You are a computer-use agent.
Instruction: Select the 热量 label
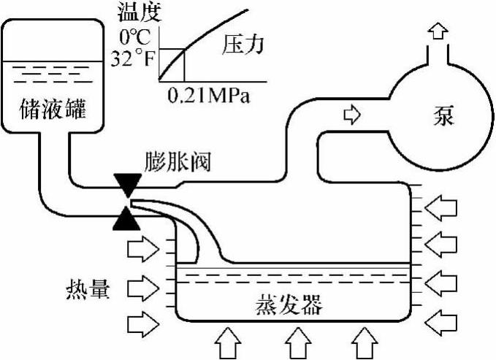click(x=86, y=290)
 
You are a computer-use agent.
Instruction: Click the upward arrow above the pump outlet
click(x=438, y=30)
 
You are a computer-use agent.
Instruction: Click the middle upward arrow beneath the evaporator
click(x=295, y=342)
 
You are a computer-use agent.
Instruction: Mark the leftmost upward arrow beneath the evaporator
click(x=229, y=342)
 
